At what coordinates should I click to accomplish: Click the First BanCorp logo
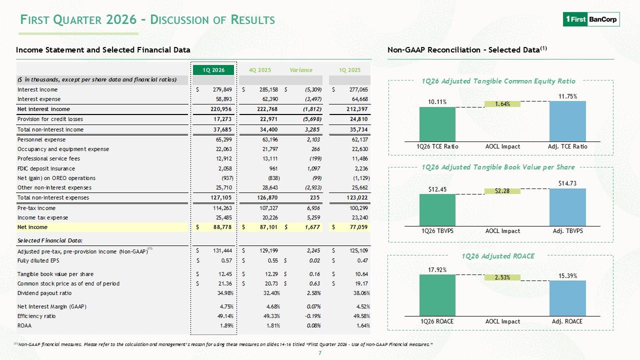591,19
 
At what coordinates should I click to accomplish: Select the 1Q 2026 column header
213,70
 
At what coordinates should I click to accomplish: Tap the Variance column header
301,70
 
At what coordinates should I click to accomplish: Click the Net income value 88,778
222,227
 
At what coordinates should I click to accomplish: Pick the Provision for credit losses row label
50,119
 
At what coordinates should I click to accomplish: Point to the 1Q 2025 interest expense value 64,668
359,99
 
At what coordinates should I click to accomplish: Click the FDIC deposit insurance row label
46,168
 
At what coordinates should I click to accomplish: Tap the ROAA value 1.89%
226,325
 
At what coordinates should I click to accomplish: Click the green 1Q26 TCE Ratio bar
437,124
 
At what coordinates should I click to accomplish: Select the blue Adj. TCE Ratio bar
567,121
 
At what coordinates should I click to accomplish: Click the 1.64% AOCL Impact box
502,104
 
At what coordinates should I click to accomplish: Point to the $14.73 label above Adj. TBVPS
567,183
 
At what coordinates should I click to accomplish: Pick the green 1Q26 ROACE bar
437,295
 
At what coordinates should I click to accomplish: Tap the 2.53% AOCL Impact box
502,277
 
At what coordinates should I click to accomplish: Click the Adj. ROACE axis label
567,321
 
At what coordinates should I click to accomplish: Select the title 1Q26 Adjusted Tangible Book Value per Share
498,167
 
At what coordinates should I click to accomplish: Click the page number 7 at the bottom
320,353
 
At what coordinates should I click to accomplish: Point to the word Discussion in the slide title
179,20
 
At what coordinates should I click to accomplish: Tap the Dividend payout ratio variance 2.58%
313,293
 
